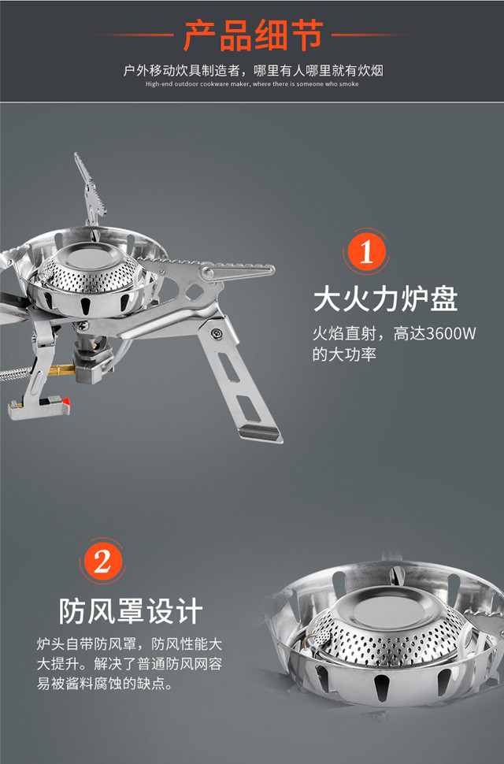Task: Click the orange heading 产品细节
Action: tap(254, 35)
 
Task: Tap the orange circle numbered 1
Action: tap(365, 252)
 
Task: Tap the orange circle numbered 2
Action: tap(102, 562)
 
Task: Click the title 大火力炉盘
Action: tap(385, 299)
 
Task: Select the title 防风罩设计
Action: tap(131, 611)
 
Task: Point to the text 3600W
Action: tap(451, 333)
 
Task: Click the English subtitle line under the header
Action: tap(252, 83)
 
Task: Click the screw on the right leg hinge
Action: tap(217, 333)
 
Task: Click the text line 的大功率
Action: tap(344, 354)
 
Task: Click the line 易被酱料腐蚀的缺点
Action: tap(105, 683)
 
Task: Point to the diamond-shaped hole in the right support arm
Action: tap(195, 291)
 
